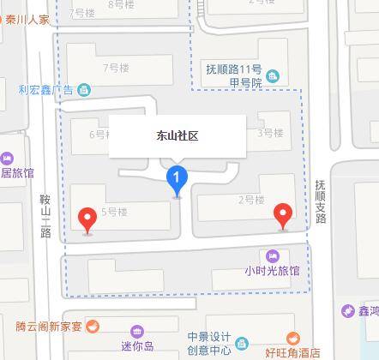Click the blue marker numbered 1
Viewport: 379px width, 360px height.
(x=177, y=179)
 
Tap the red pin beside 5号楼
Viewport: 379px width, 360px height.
(x=87, y=219)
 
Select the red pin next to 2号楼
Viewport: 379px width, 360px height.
(x=282, y=214)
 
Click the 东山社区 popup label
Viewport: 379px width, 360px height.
(x=177, y=135)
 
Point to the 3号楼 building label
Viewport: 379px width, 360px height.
(x=270, y=133)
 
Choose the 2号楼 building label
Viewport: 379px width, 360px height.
(x=250, y=200)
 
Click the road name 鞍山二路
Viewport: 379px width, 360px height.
(x=45, y=215)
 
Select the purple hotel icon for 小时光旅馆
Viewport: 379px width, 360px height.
(x=273, y=255)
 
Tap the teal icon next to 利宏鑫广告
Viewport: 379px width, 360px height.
(x=84, y=89)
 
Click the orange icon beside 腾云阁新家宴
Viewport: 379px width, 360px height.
(x=93, y=326)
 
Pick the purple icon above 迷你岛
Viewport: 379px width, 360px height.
(x=137, y=331)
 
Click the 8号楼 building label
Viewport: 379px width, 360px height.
(x=123, y=5)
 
